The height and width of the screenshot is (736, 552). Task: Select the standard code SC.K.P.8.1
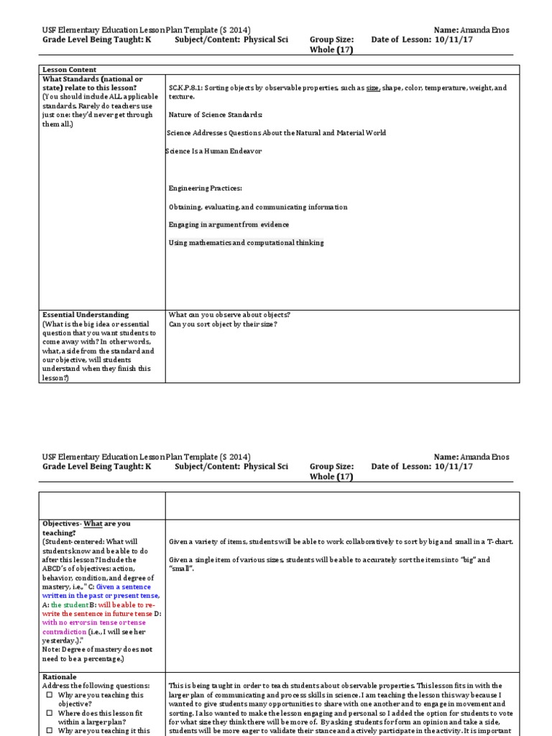tap(185, 88)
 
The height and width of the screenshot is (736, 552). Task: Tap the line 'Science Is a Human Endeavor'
tap(214, 151)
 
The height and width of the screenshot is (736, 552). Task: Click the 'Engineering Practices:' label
tap(206, 188)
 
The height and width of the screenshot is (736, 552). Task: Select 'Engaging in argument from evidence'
tap(229, 225)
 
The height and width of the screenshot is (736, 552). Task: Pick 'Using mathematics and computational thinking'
tap(246, 243)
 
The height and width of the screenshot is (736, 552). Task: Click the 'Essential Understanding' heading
tap(86, 315)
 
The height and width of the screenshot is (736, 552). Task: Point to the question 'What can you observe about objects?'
tap(229, 315)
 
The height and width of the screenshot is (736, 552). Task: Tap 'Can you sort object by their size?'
tap(223, 324)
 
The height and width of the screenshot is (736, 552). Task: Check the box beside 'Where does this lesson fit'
tap(49, 714)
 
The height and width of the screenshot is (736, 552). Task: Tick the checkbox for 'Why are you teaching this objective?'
tap(49, 696)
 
